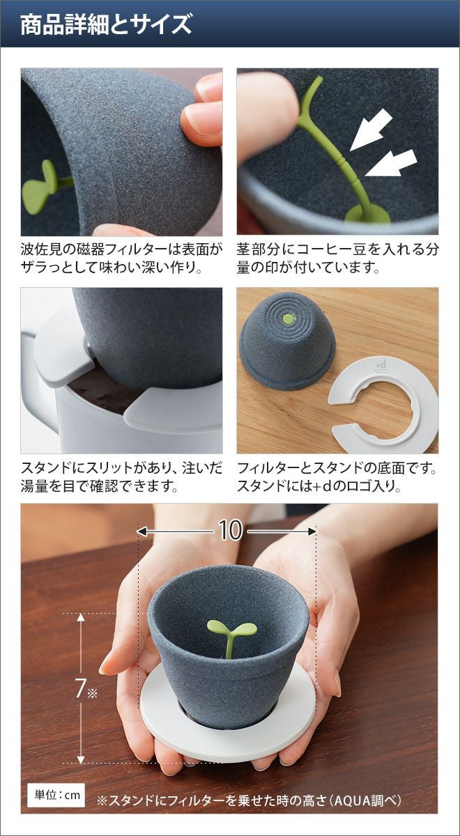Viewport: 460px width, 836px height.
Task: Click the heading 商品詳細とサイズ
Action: pos(106,24)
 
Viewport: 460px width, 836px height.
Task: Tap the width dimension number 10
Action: pos(230,530)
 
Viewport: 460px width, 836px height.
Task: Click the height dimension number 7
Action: pos(80,688)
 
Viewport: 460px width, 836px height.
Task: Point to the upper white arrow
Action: pos(371,132)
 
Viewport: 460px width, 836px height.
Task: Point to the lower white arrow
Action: pos(390,162)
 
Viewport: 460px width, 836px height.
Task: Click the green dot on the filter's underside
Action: pos(288,319)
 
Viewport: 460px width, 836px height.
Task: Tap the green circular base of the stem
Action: pos(367,215)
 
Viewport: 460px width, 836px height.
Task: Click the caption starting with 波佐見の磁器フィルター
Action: pos(122,258)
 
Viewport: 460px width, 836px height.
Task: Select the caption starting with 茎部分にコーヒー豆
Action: pos(337,258)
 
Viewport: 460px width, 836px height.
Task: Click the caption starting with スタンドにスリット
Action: pos(122,477)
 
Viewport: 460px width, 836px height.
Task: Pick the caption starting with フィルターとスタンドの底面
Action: pos(337,477)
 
